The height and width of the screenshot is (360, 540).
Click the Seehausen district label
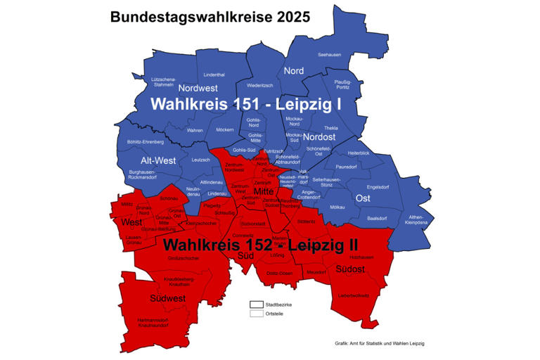coord(329,54)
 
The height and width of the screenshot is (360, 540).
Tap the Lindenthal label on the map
coord(214,75)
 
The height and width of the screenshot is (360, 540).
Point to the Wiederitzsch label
coord(259,86)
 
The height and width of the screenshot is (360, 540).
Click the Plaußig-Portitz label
coord(342,84)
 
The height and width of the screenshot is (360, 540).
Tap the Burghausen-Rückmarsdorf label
coord(143,174)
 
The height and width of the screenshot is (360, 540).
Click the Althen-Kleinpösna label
coord(416,221)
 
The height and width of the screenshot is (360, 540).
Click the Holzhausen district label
coord(361,257)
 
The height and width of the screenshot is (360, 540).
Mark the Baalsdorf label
coord(378,219)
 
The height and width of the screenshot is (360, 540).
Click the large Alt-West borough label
coord(153,160)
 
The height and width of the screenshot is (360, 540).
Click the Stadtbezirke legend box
coord(256,304)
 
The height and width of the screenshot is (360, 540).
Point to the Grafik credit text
coord(380,344)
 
